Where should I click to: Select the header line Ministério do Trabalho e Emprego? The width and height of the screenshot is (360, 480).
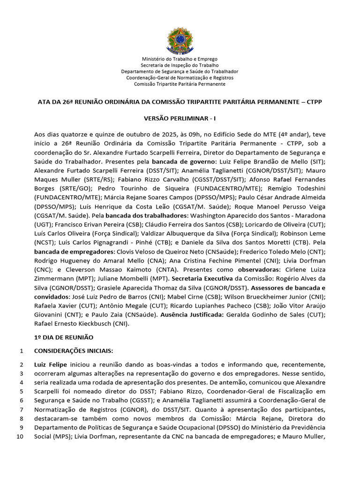coord(180,59)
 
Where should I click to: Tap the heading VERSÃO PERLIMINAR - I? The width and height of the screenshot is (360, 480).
coord(180,120)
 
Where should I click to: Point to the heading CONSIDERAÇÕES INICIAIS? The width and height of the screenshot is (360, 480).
coord(74,351)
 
